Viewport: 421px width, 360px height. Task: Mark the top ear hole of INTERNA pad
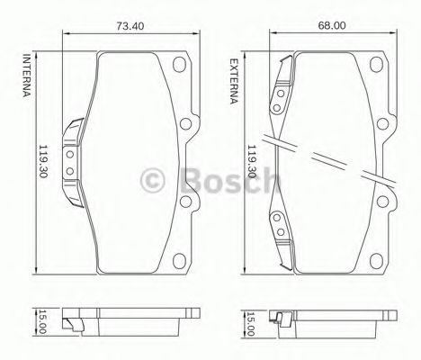180,65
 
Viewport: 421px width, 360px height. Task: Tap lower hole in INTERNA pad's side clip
69,169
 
